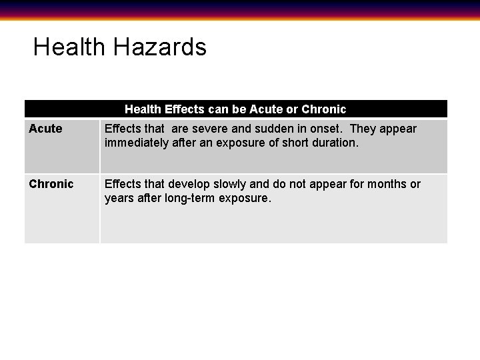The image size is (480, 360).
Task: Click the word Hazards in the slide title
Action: coord(160,47)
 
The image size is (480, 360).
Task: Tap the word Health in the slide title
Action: coord(69,47)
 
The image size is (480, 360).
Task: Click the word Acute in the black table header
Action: coord(266,109)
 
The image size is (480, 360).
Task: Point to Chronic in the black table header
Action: coord(324,109)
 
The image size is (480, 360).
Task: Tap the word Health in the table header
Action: coord(143,109)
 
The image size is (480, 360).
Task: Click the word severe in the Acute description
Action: coord(209,129)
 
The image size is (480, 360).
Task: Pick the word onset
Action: coord(326,129)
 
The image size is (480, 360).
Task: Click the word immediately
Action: coord(137,143)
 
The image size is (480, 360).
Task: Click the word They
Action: coord(363,129)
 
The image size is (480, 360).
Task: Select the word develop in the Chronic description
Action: coord(189,184)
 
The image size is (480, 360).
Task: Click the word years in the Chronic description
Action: coord(119,198)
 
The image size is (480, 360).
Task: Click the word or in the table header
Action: coord(292,109)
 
